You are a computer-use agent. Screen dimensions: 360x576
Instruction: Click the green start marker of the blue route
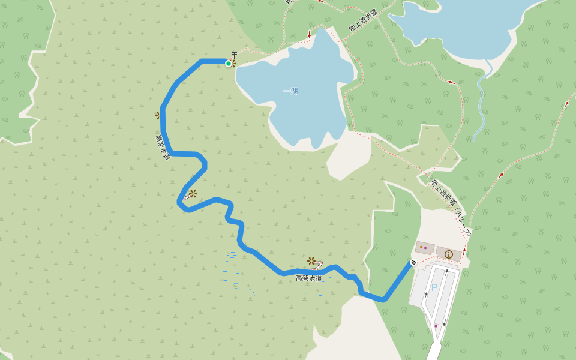tap(228, 63)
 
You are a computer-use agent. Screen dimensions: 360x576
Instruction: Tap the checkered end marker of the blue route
tap(413, 262)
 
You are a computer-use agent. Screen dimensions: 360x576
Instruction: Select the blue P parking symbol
tap(434, 287)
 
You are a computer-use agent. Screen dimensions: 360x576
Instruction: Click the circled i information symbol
tap(448, 254)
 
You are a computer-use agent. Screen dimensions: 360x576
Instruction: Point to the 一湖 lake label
tap(290, 91)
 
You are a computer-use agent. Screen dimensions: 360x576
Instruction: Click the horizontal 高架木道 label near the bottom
tap(309, 278)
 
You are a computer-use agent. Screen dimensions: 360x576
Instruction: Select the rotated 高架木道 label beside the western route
tap(163, 147)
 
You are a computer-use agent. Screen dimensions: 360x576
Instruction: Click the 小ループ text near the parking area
tap(463, 222)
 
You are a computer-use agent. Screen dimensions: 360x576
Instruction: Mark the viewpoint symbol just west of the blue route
tap(158, 115)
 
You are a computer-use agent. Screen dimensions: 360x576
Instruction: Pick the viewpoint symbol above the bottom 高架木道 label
tap(311, 261)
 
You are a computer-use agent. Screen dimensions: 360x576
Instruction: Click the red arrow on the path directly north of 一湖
tap(310, 34)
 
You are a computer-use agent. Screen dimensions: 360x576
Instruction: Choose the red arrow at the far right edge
tap(566, 104)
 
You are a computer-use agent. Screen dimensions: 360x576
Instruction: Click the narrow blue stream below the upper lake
tap(480, 102)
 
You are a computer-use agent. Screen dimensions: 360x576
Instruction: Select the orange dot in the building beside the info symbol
tap(421, 247)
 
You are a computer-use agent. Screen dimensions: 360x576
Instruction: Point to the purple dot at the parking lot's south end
tap(436, 326)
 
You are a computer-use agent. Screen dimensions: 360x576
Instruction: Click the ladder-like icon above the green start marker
tap(234, 55)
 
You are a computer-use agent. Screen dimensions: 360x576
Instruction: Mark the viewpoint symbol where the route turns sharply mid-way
tap(193, 194)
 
